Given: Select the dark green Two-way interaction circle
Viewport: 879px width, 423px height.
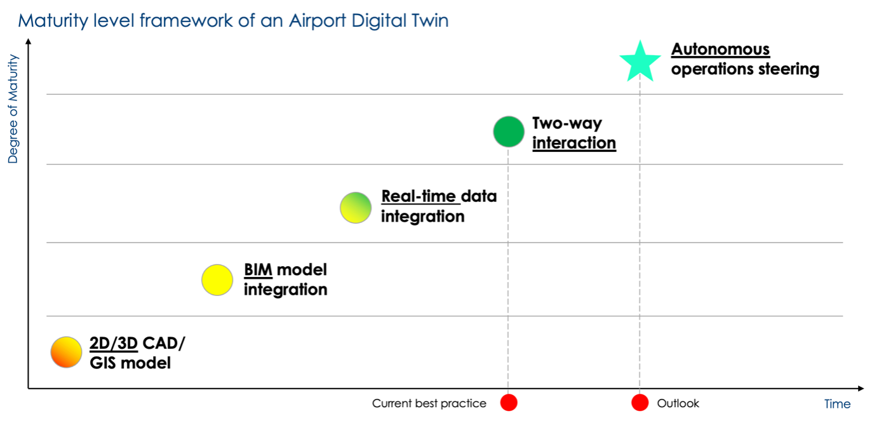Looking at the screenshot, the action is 509,131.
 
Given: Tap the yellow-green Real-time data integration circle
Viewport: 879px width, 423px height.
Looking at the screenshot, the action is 356,208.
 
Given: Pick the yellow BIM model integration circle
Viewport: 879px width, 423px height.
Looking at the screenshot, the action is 217,279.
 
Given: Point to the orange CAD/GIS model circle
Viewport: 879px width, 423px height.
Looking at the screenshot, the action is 66,352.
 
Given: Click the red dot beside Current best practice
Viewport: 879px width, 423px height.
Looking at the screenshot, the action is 509,403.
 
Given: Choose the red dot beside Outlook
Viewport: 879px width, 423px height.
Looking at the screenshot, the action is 640,403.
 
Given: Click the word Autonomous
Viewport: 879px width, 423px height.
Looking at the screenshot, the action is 720,50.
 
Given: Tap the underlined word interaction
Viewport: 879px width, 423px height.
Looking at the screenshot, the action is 574,143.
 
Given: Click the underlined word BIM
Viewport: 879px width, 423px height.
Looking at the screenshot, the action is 258,269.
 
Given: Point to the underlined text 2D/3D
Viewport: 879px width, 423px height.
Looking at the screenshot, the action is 114,344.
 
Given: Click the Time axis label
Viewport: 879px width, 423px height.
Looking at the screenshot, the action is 837,404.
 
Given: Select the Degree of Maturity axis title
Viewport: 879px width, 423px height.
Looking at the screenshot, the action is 13,109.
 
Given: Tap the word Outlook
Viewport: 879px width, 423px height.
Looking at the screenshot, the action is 678,403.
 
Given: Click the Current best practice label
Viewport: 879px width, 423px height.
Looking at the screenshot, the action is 429,403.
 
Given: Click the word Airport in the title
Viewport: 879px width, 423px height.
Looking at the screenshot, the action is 318,21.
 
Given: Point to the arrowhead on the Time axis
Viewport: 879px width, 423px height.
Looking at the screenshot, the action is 861,389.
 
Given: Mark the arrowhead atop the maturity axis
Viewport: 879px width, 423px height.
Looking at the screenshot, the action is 28,41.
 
